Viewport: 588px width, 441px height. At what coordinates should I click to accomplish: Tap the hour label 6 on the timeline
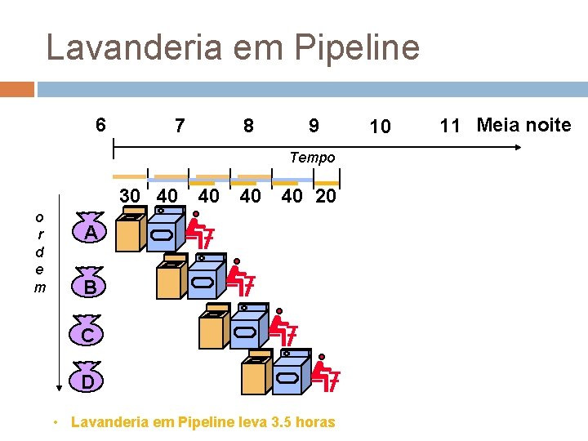tap(100, 125)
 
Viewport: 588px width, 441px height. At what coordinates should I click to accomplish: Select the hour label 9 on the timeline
tap(314, 127)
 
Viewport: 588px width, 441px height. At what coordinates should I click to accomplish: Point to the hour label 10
tap(380, 127)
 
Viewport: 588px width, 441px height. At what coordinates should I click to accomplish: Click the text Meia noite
tap(523, 125)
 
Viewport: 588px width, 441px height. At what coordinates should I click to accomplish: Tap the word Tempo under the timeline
tap(312, 157)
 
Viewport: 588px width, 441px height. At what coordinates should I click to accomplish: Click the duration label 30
tap(130, 196)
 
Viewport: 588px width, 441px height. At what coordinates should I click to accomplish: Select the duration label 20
tap(325, 196)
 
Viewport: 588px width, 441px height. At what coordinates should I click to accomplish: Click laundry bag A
tap(92, 231)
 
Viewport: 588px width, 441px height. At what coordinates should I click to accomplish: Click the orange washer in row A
tap(130, 232)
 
